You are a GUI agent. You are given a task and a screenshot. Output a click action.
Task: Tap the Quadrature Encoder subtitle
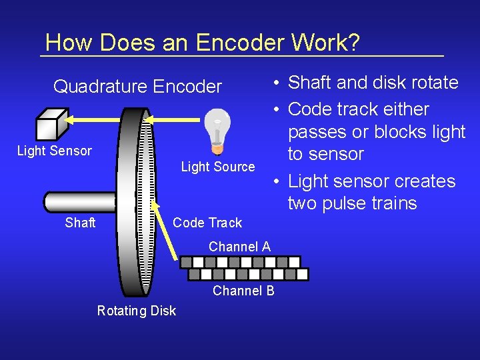tap(137, 87)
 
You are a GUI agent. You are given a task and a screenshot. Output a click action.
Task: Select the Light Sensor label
tap(54, 151)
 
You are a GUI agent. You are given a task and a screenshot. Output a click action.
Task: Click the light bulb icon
tap(217, 130)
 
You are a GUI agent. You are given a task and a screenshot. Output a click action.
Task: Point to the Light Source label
tap(218, 167)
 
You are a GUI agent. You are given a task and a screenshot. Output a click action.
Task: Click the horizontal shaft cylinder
tap(80, 201)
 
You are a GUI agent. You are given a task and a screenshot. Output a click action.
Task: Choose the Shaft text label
tap(80, 223)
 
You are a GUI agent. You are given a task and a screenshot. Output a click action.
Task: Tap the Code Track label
tap(207, 223)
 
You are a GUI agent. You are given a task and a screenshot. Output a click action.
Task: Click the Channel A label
tap(239, 247)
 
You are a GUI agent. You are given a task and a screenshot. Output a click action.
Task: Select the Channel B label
tap(243, 291)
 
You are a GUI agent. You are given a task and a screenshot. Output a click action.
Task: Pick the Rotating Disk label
tap(136, 311)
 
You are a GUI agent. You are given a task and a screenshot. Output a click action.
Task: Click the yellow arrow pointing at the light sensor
tap(93, 119)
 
